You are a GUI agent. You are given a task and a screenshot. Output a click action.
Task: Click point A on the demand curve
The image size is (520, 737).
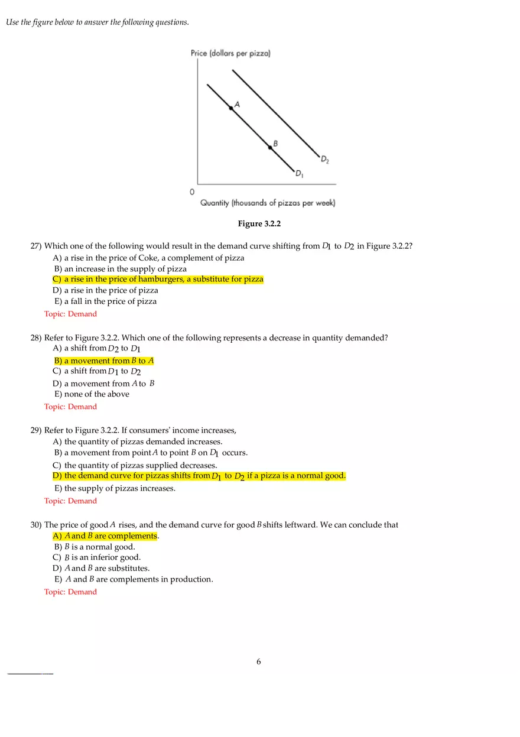tap(231, 108)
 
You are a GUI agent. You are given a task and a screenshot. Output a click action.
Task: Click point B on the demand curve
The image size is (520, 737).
tap(271, 147)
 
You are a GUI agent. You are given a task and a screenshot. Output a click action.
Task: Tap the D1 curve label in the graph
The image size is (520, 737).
tap(300, 173)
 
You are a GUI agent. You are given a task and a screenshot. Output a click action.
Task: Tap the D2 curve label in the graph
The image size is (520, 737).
tap(325, 159)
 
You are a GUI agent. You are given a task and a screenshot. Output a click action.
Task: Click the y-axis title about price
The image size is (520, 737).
tap(230, 53)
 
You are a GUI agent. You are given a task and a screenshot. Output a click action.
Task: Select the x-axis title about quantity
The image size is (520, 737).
tap(268, 203)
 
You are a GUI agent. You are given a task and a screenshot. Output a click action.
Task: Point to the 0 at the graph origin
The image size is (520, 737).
tap(191, 192)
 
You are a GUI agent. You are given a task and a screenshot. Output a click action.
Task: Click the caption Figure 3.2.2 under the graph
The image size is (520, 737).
tap(258, 223)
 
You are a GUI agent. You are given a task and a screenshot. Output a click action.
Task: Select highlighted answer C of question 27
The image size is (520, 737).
tap(158, 279)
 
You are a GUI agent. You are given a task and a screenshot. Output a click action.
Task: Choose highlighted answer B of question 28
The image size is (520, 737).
tap(104, 361)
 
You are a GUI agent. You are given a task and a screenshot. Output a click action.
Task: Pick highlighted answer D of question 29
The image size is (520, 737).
tap(199, 476)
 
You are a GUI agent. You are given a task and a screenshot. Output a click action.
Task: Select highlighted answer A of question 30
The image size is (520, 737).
tap(105, 536)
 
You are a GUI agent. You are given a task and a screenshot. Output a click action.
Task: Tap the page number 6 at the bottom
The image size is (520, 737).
tap(259, 661)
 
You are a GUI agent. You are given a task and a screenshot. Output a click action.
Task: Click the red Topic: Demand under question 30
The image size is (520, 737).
tap(70, 592)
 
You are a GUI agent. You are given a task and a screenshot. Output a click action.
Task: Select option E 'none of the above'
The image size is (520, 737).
tap(92, 394)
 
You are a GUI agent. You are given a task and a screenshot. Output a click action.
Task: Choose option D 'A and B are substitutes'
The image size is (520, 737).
tap(101, 569)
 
